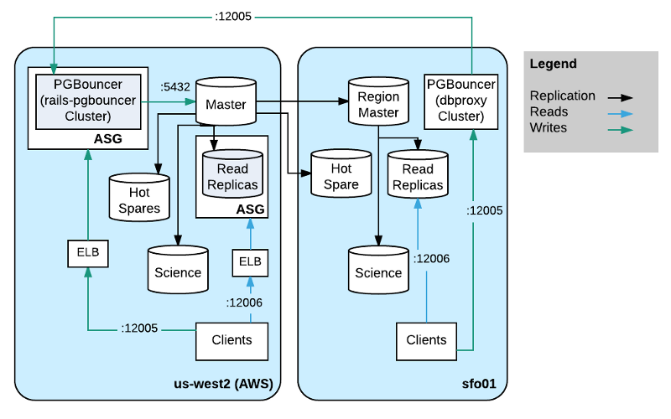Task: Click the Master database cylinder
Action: click(x=226, y=105)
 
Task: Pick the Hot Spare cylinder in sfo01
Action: click(x=341, y=176)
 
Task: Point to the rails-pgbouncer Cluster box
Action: click(x=87, y=100)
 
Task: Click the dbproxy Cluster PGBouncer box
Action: click(x=460, y=100)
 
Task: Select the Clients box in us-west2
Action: click(x=231, y=340)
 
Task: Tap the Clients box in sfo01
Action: click(x=426, y=340)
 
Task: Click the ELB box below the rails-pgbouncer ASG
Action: click(x=87, y=251)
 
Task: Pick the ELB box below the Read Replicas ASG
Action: click(x=250, y=261)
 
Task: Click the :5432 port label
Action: click(x=175, y=85)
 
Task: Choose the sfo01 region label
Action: click(x=479, y=384)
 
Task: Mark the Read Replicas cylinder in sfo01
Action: click(x=417, y=176)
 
